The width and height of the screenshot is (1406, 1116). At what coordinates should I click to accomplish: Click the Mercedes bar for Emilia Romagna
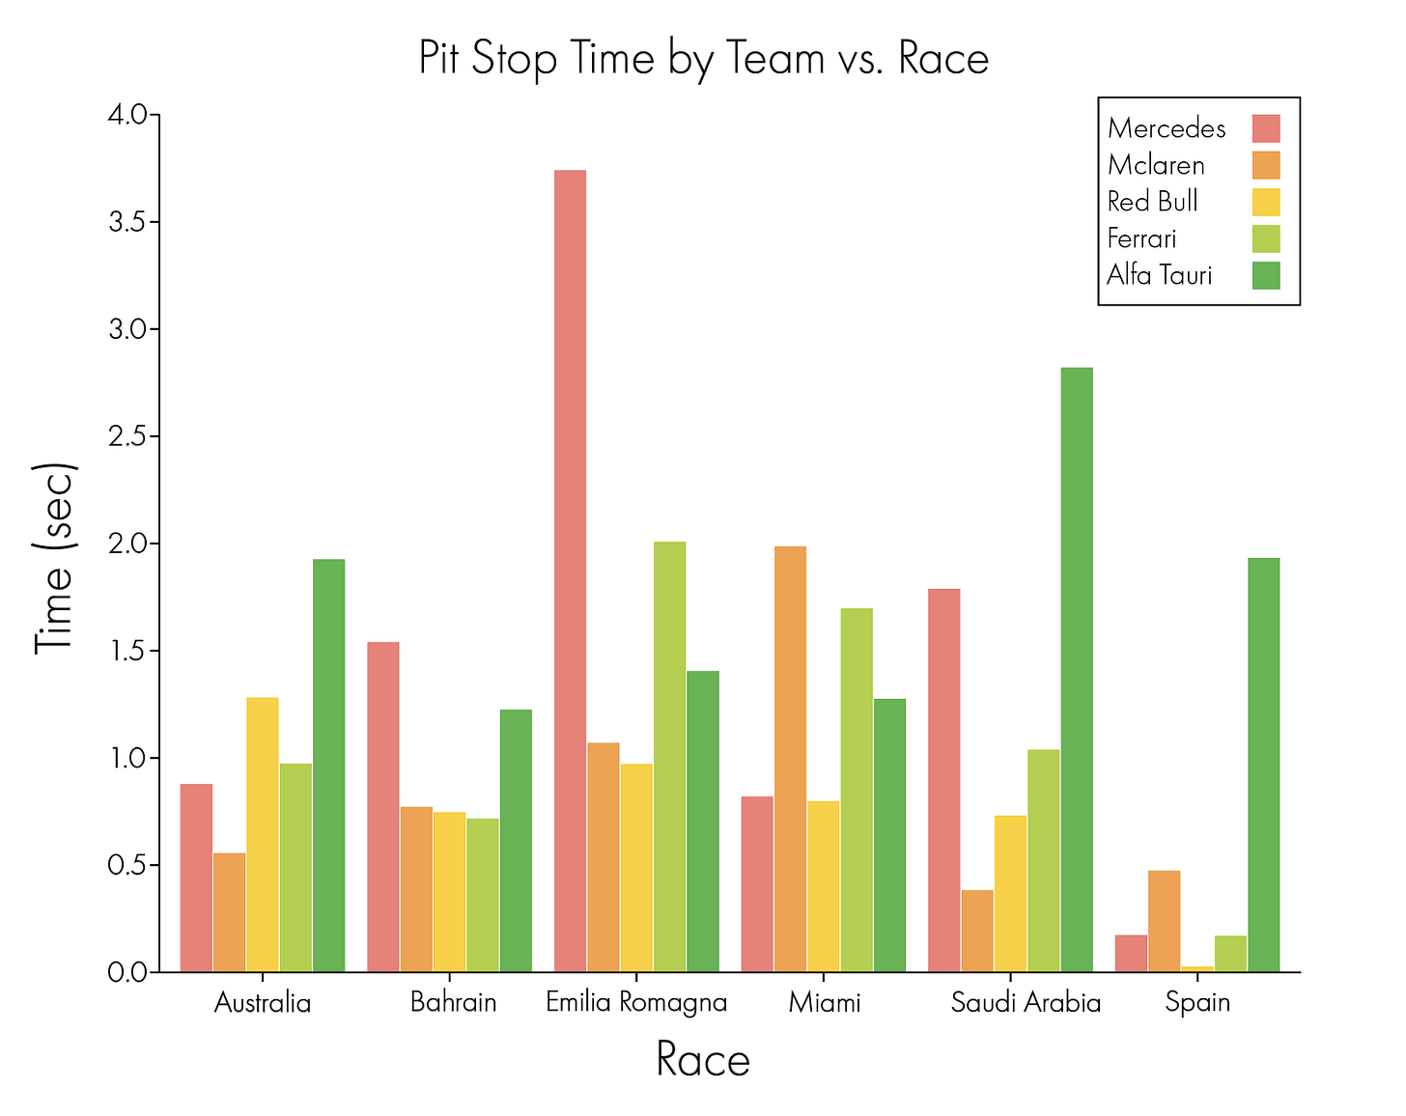coord(570,570)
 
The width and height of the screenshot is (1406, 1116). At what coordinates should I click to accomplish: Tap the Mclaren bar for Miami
coord(790,759)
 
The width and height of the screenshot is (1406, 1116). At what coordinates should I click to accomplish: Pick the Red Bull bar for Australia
coord(263,834)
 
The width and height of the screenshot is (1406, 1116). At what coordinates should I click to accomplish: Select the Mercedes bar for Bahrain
coord(383,806)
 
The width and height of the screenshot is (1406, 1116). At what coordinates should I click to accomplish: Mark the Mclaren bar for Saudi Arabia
coord(977,931)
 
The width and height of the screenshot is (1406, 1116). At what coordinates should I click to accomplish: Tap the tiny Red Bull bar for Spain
coord(1197,968)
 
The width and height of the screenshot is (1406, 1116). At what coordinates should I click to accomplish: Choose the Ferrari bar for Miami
coord(857,790)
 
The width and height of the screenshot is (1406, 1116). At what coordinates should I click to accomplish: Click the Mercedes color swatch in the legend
coord(1265,128)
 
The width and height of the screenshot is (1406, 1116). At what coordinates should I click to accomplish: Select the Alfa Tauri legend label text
coord(1159,275)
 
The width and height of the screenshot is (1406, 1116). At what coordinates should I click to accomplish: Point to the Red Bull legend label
coord(1152,202)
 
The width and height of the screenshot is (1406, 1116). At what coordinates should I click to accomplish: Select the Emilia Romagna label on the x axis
coord(636,1002)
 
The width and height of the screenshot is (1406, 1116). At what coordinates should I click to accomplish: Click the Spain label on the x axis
coord(1197,1002)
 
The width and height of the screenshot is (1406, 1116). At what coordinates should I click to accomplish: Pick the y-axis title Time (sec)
coord(54,558)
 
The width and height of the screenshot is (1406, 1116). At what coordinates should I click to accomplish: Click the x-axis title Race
coord(702,1060)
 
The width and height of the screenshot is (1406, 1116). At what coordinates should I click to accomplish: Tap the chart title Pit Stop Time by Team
coord(703,58)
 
